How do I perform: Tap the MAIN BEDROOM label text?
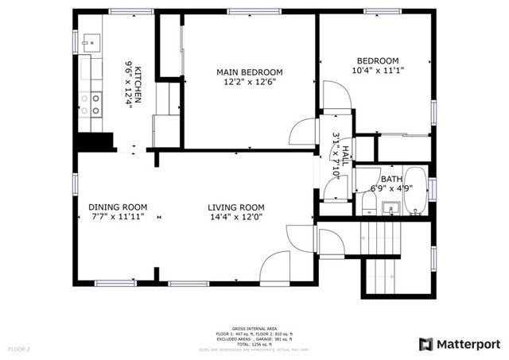pyautogui.click(x=250, y=72)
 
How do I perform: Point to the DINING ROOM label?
pyautogui.click(x=115, y=206)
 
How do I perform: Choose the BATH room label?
pyautogui.click(x=390, y=180)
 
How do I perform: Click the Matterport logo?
pyautogui.click(x=460, y=343)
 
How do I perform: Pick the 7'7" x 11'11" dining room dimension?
pyautogui.click(x=115, y=216)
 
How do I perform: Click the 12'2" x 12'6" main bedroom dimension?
pyautogui.click(x=250, y=83)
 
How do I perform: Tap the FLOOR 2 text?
pyautogui.click(x=19, y=349)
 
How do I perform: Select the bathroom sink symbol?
pyautogui.click(x=390, y=208)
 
